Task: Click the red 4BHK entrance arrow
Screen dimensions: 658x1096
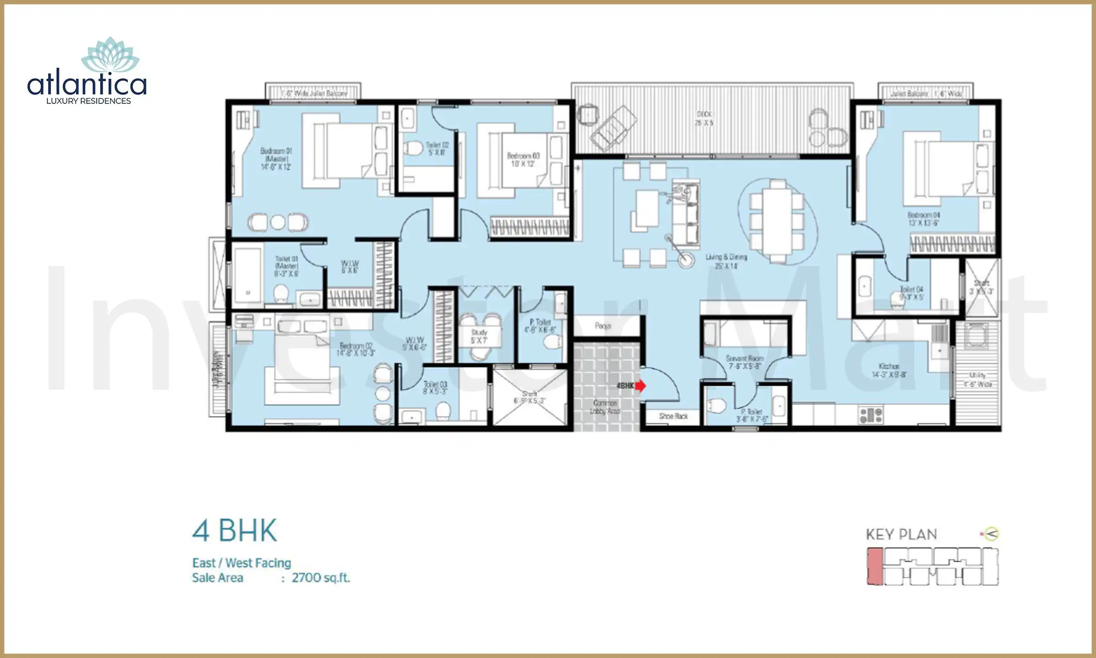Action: pyautogui.click(x=640, y=386)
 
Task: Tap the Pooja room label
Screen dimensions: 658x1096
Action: pyautogui.click(x=602, y=326)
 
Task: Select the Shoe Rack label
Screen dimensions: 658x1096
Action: pyautogui.click(x=673, y=416)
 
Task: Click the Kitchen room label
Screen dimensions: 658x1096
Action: pyautogui.click(x=889, y=370)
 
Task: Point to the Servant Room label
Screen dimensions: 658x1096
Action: pyautogui.click(x=744, y=362)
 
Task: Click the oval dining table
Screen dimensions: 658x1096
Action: pyautogui.click(x=777, y=221)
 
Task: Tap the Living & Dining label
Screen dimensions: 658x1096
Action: pyautogui.click(x=726, y=261)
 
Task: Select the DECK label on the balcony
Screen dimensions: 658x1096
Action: pyautogui.click(x=704, y=118)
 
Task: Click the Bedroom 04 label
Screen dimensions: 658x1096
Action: pyautogui.click(x=923, y=219)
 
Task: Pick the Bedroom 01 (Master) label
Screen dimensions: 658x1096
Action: pyautogui.click(x=276, y=159)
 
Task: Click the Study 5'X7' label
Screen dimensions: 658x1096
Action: pyautogui.click(x=479, y=336)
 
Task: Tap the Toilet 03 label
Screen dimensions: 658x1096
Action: pyautogui.click(x=435, y=388)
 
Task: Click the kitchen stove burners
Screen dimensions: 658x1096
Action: pyautogui.click(x=871, y=415)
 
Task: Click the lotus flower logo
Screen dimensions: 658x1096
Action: pyautogui.click(x=110, y=56)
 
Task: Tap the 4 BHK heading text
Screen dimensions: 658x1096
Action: pyautogui.click(x=234, y=531)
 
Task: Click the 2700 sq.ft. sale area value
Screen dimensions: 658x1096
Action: pyautogui.click(x=321, y=578)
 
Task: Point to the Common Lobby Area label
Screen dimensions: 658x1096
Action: pyautogui.click(x=605, y=407)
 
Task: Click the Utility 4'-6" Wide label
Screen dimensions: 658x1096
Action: pyautogui.click(x=977, y=379)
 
